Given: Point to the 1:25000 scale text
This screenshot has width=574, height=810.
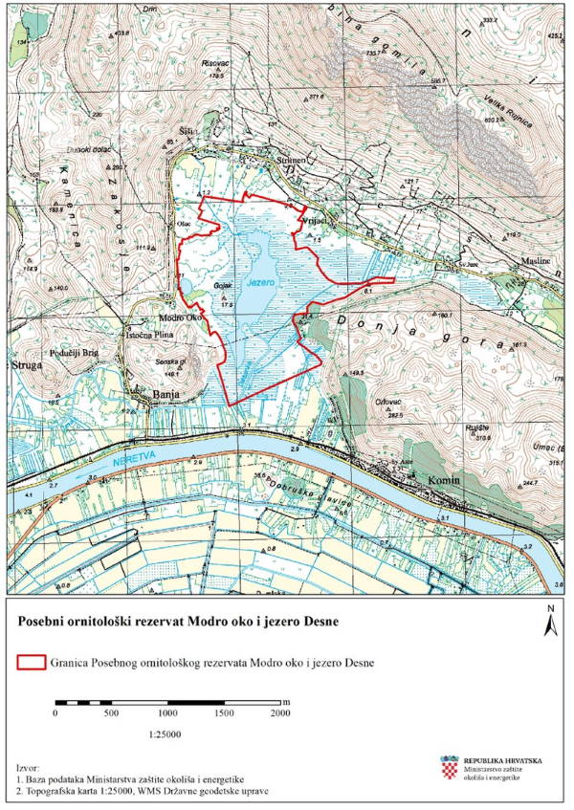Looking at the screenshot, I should coord(167,734).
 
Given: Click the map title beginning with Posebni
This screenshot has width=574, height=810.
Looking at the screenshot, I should coord(178,622).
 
